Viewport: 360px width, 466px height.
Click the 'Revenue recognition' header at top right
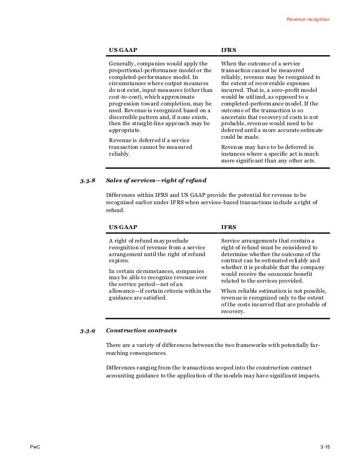[x=308, y=20]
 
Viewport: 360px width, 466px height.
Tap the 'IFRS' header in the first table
[x=228, y=50]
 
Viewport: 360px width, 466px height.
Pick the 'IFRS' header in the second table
[x=228, y=227]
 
